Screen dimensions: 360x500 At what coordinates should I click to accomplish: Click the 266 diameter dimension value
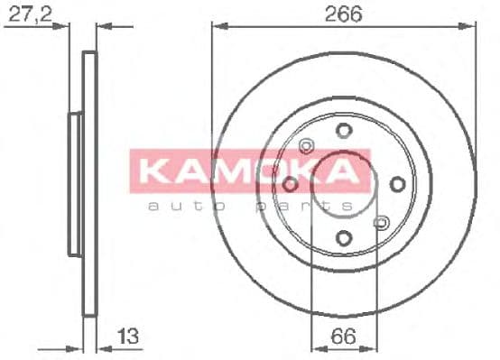[x=343, y=15]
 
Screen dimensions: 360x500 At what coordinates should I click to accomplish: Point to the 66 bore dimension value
[x=342, y=340]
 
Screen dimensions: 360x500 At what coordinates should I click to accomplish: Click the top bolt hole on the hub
[x=343, y=130]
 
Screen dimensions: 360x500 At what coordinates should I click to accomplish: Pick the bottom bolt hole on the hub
[x=343, y=238]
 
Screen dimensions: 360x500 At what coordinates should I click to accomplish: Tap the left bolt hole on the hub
[x=290, y=184]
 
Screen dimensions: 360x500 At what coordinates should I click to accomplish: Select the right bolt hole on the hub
[x=397, y=184]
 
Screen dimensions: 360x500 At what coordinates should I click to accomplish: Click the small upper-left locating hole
[x=305, y=145]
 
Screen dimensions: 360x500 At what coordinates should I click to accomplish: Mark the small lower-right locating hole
[x=381, y=222]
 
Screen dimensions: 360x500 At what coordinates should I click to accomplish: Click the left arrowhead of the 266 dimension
[x=218, y=27]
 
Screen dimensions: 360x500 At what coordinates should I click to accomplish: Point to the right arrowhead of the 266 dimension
[x=468, y=27]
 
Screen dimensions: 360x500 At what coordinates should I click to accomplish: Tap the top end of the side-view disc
[x=88, y=54]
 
